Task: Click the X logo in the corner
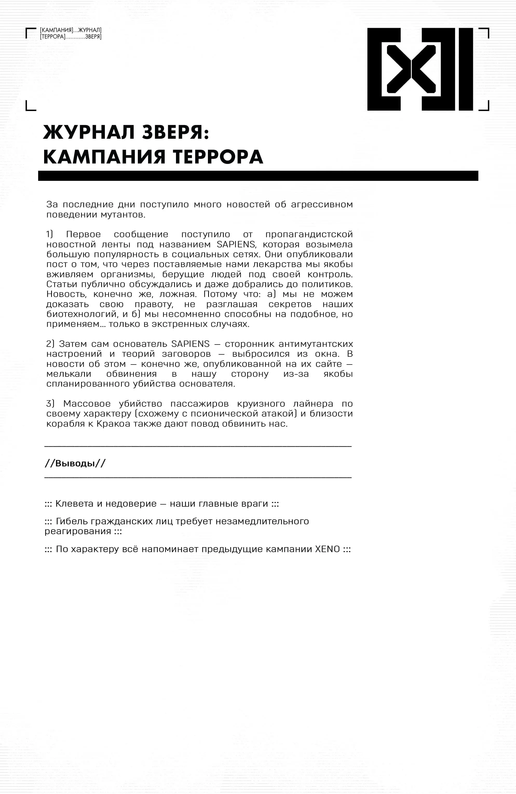coord(420,69)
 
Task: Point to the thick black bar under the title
coord(258,176)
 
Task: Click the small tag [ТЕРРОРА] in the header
coord(53,37)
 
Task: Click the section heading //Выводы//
coord(75,464)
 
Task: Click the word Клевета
coord(74,504)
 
